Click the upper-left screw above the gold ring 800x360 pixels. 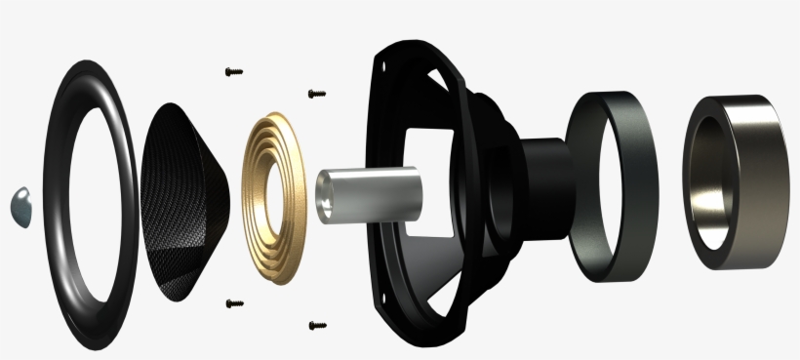coord(232,71)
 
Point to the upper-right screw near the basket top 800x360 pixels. coord(316,94)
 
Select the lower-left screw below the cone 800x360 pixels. coord(233,303)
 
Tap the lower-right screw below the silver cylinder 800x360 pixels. coord(316,325)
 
